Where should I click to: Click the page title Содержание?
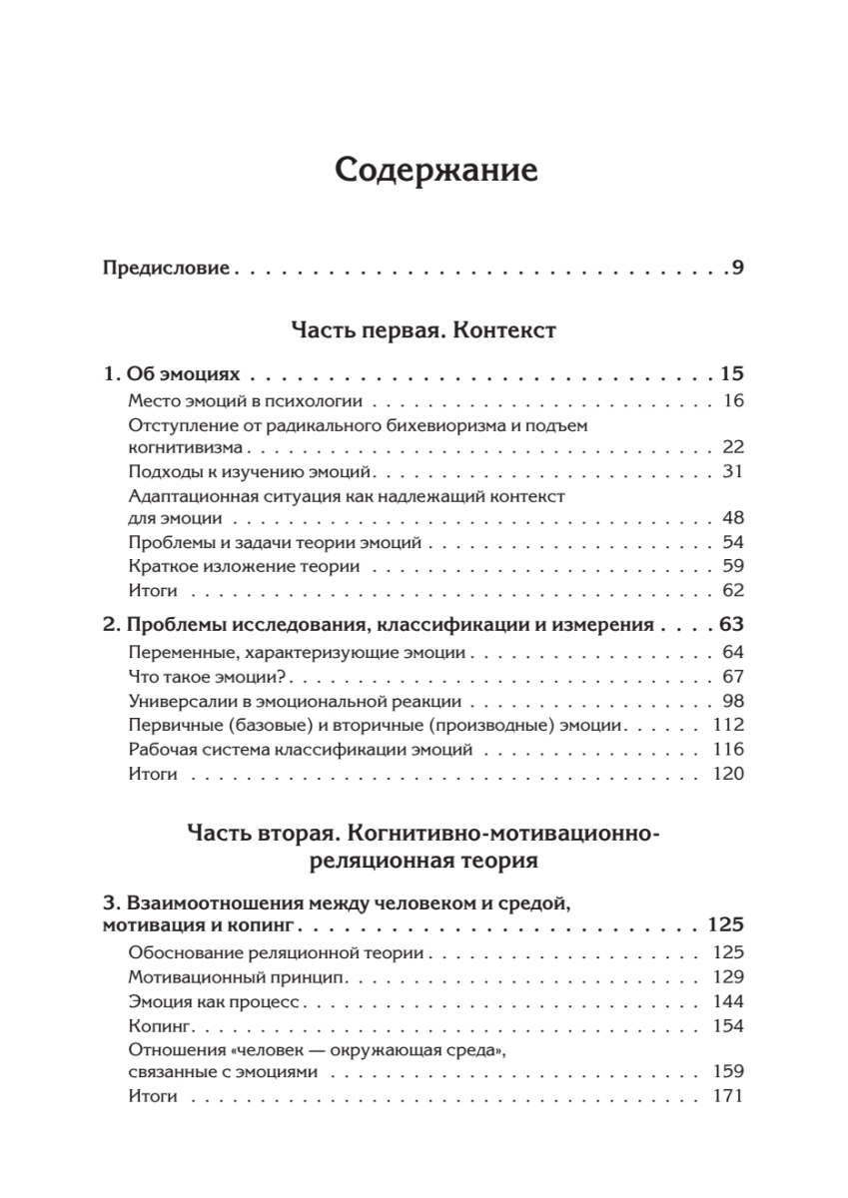[436, 170]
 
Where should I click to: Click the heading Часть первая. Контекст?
[424, 329]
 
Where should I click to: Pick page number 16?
[733, 401]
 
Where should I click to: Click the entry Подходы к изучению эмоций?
[251, 471]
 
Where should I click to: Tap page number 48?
[733, 519]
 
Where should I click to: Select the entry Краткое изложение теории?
[245, 566]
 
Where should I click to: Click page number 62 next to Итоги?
[733, 590]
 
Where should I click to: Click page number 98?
[733, 701]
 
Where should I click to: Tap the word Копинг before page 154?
[158, 1025]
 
